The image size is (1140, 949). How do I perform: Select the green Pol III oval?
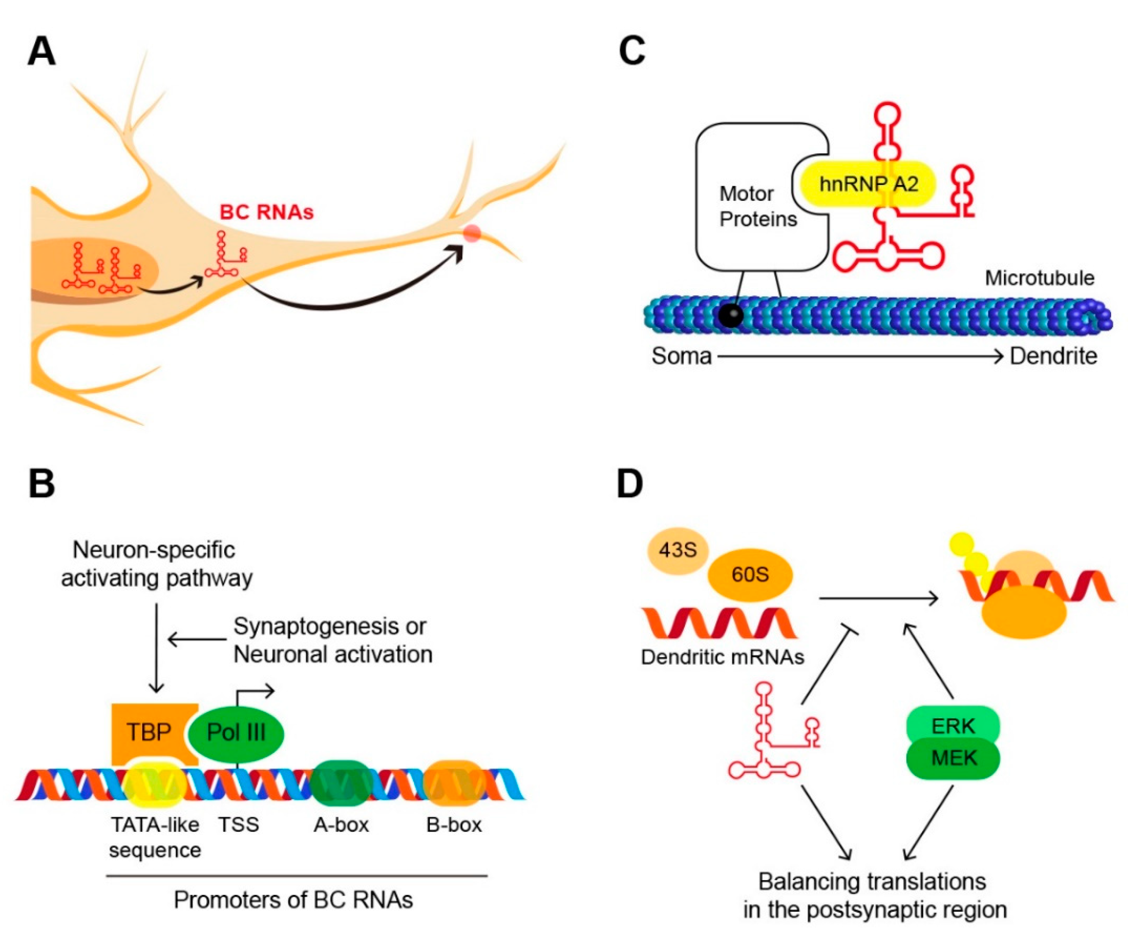tap(236, 733)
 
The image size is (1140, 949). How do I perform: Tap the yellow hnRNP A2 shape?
tap(868, 184)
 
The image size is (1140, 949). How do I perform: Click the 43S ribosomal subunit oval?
tap(678, 550)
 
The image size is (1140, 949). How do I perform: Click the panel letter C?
tap(632, 52)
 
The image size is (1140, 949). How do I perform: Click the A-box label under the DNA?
tap(341, 825)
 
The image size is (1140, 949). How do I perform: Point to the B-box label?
tap(454, 825)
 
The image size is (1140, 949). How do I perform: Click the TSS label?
tap(239, 825)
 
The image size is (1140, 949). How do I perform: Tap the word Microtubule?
tap(1039, 278)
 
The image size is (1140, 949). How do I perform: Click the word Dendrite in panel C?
tap(1053, 356)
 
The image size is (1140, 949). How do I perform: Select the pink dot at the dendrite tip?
tap(472, 233)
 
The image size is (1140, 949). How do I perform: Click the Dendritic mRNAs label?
tap(722, 657)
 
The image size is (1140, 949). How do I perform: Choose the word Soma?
tap(681, 356)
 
